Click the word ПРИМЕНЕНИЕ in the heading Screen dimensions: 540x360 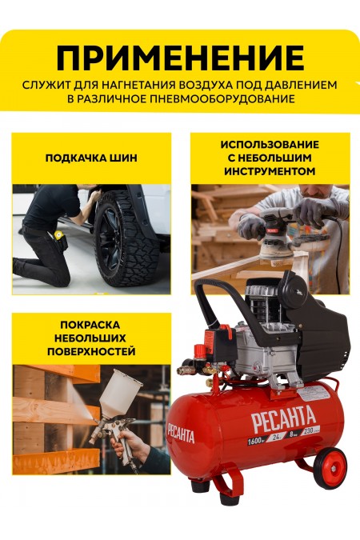(180, 58)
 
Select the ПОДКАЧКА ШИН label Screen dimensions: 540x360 (91, 158)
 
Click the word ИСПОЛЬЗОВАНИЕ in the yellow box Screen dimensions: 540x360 (270, 144)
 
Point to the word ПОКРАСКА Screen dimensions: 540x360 (90, 324)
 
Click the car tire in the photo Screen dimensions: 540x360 (128, 240)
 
